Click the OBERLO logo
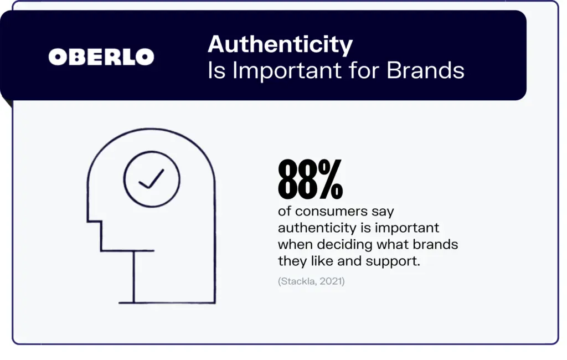[101, 57]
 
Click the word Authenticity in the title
[280, 45]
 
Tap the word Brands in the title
[426, 70]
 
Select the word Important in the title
[287, 71]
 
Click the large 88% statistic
[310, 179]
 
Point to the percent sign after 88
[331, 179]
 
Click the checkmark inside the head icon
[152, 179]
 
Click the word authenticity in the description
[317, 228]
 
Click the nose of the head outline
[94, 220]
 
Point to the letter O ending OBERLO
[145, 57]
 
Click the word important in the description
[407, 229]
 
